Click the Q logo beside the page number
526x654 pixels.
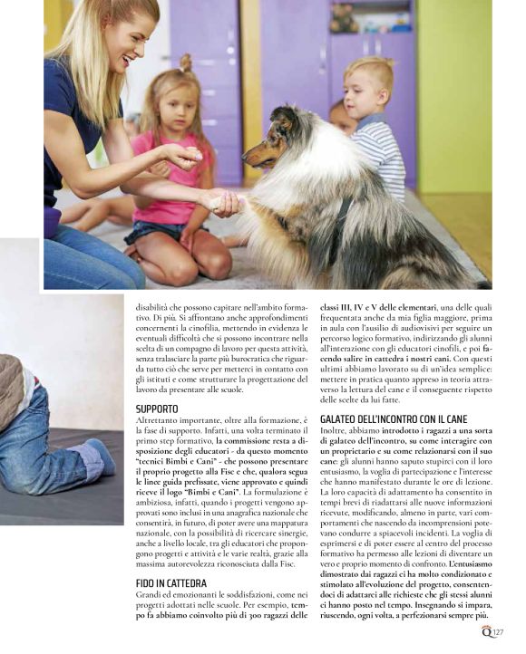pyautogui.click(x=486, y=631)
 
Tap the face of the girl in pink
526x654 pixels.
pyautogui.click(x=175, y=105)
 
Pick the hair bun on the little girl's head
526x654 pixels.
pyautogui.click(x=186, y=63)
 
